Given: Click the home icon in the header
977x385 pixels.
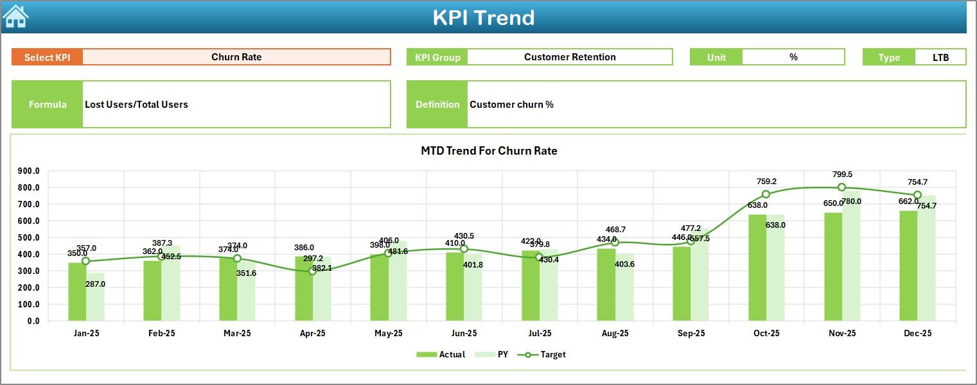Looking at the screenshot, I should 15,17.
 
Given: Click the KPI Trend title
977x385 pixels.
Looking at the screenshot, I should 483,17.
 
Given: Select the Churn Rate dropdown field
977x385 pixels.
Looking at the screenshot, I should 236,57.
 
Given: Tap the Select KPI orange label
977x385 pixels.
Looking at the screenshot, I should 47,57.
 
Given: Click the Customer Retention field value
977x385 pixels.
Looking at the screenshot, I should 569,57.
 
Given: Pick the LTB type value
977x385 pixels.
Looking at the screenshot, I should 940,57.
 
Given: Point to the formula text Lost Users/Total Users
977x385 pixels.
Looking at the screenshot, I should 136,105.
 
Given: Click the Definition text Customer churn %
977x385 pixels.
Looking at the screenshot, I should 511,105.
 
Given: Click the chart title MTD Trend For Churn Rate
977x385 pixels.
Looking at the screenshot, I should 489,151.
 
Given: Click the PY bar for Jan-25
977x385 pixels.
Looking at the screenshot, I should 95,296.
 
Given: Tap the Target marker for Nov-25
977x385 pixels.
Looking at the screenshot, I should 841,187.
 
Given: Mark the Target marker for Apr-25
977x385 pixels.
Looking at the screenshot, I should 312,271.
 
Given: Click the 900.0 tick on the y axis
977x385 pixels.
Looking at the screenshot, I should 28,171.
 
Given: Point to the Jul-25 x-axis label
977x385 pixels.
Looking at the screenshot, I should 539,334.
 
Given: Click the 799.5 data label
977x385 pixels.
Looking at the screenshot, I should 841,175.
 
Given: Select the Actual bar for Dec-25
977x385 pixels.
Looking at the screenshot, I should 908,266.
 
